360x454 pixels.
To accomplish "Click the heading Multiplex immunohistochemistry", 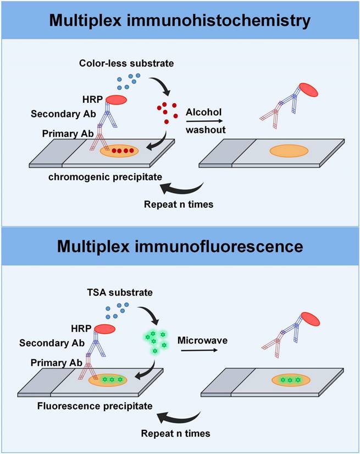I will click(x=180, y=20).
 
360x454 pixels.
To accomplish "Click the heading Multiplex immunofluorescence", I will click(x=180, y=246).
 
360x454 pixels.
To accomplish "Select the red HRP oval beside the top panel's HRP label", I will click(x=116, y=100).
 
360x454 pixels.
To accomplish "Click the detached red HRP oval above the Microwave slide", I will click(x=309, y=321).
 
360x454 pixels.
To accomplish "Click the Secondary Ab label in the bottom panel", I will click(x=47, y=343).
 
